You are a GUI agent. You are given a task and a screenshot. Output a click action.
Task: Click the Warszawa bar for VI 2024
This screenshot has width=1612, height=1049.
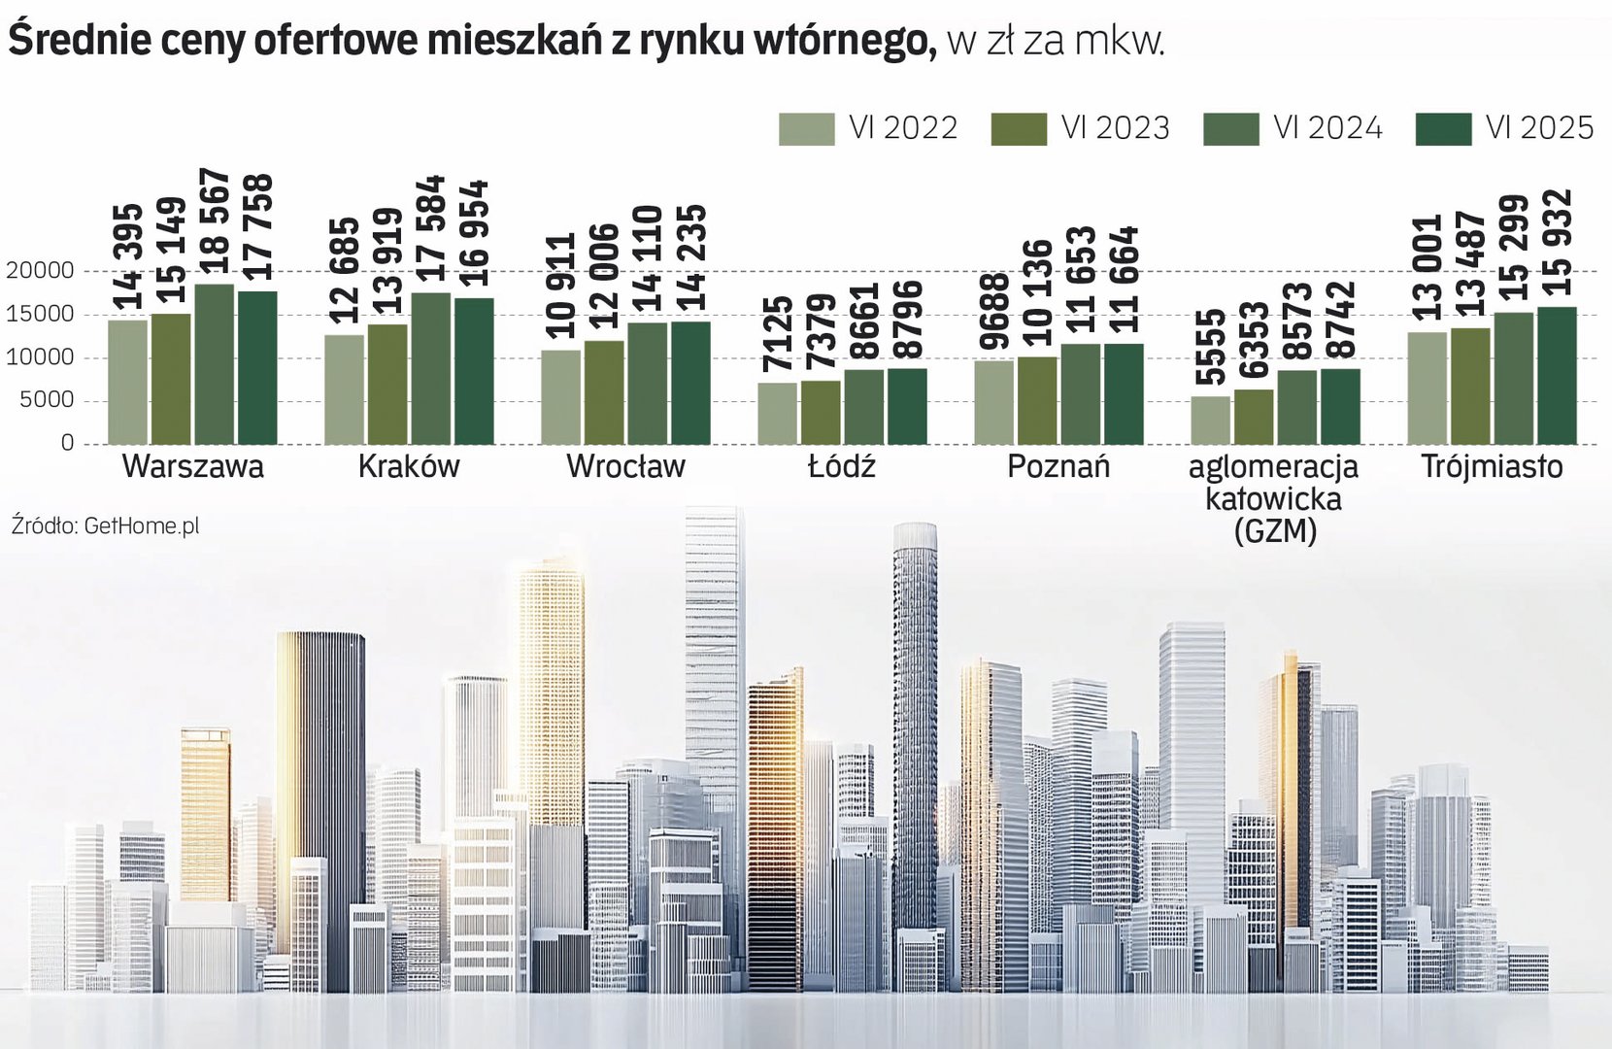[x=215, y=364]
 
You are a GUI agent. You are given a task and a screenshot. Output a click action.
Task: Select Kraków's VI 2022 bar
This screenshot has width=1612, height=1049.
[x=345, y=389]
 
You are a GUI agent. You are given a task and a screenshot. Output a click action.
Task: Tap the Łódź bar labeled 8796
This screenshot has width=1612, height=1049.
[x=907, y=406]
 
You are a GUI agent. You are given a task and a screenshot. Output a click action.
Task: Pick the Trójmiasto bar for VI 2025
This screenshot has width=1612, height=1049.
[x=1557, y=376]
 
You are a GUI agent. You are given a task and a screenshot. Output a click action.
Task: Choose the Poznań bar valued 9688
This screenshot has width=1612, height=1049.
[x=993, y=402]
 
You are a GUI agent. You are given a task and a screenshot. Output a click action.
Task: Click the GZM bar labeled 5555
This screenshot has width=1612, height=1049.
[x=1210, y=420]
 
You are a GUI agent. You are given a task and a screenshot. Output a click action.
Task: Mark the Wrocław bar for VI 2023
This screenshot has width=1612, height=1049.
[x=604, y=392]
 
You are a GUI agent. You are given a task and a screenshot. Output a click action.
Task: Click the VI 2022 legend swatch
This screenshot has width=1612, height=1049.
[x=806, y=129]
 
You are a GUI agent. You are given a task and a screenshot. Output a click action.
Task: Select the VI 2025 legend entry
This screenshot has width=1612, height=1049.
[x=1504, y=129]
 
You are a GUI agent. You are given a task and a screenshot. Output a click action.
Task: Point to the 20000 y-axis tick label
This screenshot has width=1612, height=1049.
[x=41, y=271]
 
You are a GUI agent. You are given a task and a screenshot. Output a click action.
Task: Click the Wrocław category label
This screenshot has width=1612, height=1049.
[x=625, y=467]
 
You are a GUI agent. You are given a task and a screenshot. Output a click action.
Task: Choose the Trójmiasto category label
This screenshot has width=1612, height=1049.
[x=1492, y=467]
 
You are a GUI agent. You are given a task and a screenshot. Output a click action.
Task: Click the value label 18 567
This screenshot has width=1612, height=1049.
[x=215, y=224]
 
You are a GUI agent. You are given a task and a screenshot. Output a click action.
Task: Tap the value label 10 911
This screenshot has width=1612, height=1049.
[x=561, y=286]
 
